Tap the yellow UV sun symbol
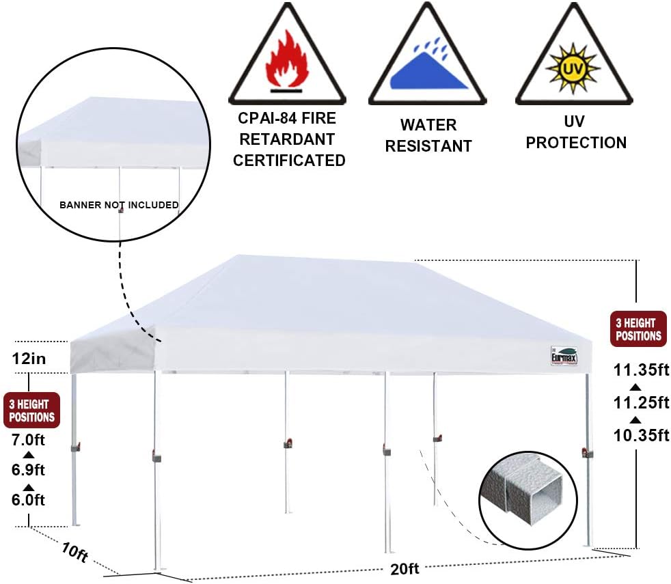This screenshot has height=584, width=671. [572, 68]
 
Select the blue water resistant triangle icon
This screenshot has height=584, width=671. [428, 68]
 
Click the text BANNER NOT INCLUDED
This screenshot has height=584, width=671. [119, 205]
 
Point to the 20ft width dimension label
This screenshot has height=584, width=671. [405, 568]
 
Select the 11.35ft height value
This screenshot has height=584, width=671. [641, 372]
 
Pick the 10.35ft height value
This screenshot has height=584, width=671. [641, 434]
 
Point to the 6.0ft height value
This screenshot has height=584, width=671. [28, 500]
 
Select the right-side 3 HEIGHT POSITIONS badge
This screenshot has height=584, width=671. [638, 329]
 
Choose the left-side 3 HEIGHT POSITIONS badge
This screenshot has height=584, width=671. [31, 411]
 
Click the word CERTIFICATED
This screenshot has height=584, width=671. [289, 161]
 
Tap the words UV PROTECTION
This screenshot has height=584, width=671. [576, 133]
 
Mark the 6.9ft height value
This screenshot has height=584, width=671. [28, 470]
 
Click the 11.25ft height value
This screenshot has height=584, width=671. [641, 403]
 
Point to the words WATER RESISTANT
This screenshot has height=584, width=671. [428, 135]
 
